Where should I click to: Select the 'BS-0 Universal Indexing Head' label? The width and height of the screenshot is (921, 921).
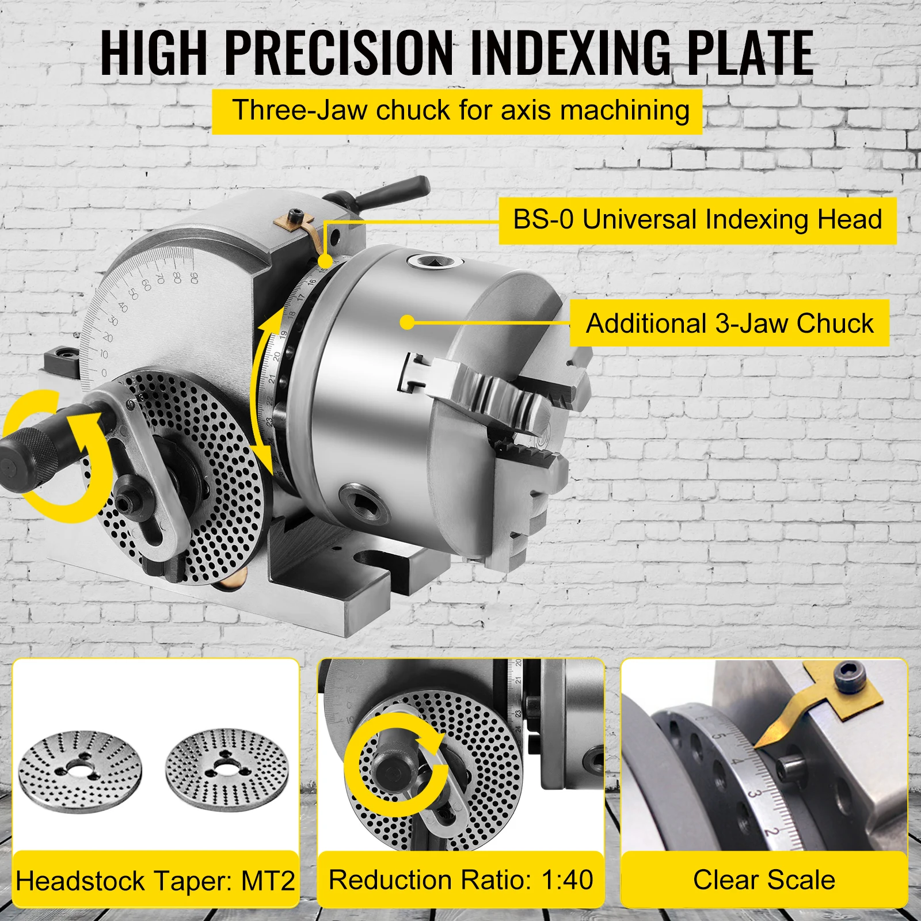(697, 220)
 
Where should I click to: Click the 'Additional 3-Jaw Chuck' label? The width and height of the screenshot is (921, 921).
(729, 323)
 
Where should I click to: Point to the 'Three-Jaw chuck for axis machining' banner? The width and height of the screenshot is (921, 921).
(458, 111)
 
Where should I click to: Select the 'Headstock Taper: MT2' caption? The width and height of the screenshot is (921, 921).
(155, 880)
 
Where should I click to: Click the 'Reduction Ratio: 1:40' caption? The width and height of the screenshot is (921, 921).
(461, 879)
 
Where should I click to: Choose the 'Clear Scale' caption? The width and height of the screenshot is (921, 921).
(764, 880)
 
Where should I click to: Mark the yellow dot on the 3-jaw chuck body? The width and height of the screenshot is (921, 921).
(407, 322)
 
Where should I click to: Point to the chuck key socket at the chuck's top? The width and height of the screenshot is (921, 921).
(435, 262)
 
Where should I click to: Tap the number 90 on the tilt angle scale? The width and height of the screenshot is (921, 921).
(193, 277)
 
